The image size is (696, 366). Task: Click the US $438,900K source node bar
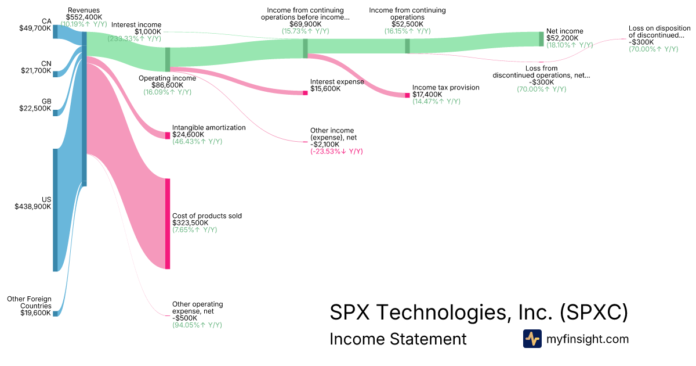tap(55, 210)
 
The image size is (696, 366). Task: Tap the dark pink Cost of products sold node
tap(168, 224)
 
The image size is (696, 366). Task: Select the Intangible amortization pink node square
tap(168, 135)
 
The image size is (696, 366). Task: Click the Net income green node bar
tap(541, 39)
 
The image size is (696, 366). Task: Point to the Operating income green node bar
tap(168, 59)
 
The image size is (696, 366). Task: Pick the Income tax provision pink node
tap(407, 95)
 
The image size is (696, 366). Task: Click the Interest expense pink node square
tap(305, 93)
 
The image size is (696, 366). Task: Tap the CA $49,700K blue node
tap(55, 32)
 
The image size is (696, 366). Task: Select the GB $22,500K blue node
tap(55, 113)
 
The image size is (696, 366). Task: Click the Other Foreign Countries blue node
tap(55, 313)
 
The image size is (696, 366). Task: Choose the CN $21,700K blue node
tap(55, 74)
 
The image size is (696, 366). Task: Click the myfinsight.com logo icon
tap(532, 339)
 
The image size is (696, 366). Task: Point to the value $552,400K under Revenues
tap(84, 17)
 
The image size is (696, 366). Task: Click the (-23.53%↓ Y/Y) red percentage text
tap(336, 151)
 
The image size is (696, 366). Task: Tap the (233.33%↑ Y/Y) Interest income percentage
tap(134, 38)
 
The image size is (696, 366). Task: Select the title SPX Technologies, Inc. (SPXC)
tap(479, 312)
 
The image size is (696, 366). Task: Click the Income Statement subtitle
tap(398, 339)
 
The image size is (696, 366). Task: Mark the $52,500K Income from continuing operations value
tap(407, 24)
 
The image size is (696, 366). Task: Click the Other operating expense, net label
tap(198, 307)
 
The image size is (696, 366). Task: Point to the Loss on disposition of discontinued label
tap(659, 32)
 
